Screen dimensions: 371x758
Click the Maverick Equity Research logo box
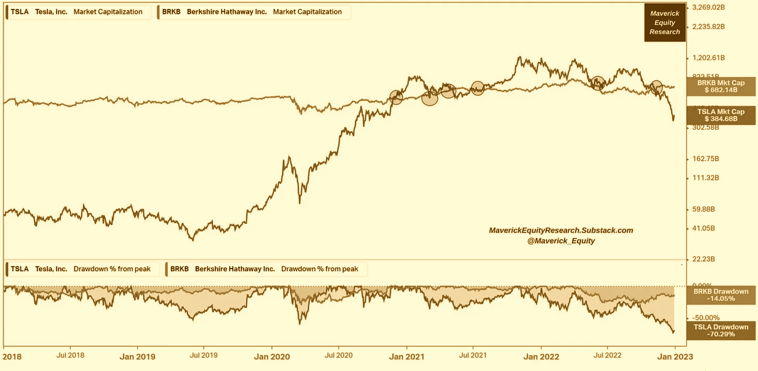tap(665, 23)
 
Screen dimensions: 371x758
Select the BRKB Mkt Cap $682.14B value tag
tap(721, 87)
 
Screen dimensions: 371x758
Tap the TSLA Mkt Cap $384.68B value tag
tap(721, 115)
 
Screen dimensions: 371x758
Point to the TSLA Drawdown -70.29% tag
tap(721, 331)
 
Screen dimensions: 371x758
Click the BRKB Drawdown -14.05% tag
tap(721, 295)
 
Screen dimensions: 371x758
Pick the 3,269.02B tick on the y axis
tap(708, 7)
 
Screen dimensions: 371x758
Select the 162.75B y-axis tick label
tap(706, 159)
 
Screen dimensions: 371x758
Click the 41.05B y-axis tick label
tap(703, 228)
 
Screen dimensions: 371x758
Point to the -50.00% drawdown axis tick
tap(706, 317)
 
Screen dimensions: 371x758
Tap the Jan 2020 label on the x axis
tap(272, 357)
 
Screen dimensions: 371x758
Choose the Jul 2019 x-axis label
tap(204, 355)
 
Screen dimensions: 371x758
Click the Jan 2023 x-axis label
tap(675, 357)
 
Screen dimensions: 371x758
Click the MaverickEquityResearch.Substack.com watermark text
tap(561, 231)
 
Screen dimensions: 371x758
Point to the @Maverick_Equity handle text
tap(561, 241)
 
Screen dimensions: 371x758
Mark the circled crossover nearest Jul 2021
tap(478, 88)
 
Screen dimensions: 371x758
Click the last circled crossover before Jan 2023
tap(656, 87)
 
